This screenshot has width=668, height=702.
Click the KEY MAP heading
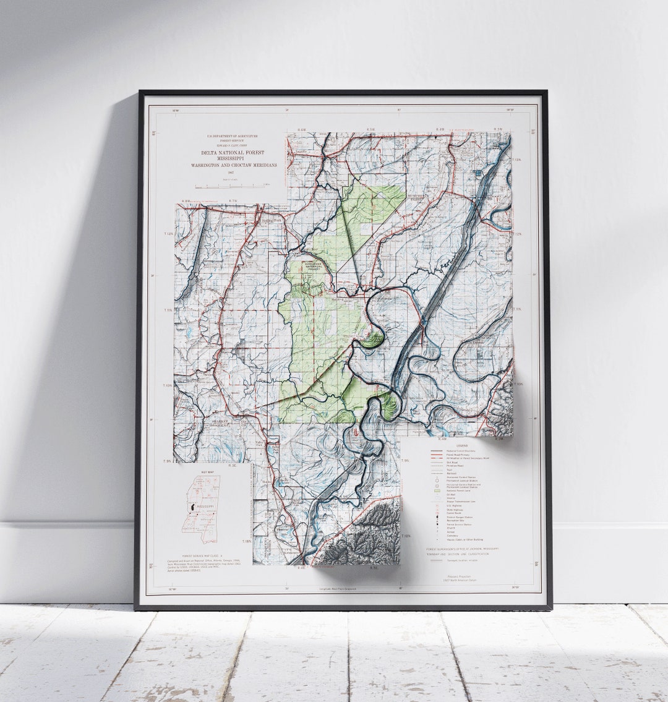tap(207, 472)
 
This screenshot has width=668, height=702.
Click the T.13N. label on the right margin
tap(517, 160)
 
